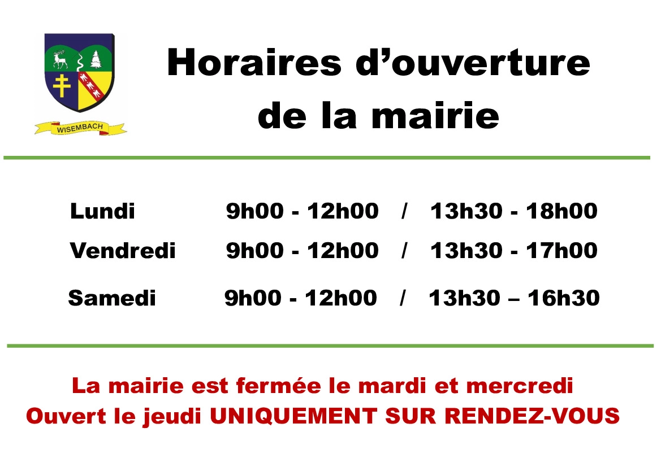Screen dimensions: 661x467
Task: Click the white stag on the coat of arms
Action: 61,59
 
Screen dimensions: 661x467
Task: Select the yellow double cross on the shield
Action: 62,86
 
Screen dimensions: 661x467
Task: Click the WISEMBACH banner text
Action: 80,128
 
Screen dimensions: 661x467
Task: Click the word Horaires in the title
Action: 254,62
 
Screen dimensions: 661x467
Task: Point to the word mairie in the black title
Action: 435,115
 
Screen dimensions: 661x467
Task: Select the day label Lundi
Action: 102,211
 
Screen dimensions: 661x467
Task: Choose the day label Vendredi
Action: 123,251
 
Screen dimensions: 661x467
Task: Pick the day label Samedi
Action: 112,298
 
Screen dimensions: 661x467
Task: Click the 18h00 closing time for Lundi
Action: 561,211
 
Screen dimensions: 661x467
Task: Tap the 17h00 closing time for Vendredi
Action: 561,251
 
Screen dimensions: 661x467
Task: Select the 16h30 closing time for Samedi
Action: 564,298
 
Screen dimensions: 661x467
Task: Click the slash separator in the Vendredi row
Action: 405,251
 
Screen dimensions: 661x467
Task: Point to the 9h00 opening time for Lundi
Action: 255,211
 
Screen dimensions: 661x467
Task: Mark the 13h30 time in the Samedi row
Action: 465,298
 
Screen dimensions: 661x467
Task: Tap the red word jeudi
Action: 172,417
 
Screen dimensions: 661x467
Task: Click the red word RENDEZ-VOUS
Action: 532,416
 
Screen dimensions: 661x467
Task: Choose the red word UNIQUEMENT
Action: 293,417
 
